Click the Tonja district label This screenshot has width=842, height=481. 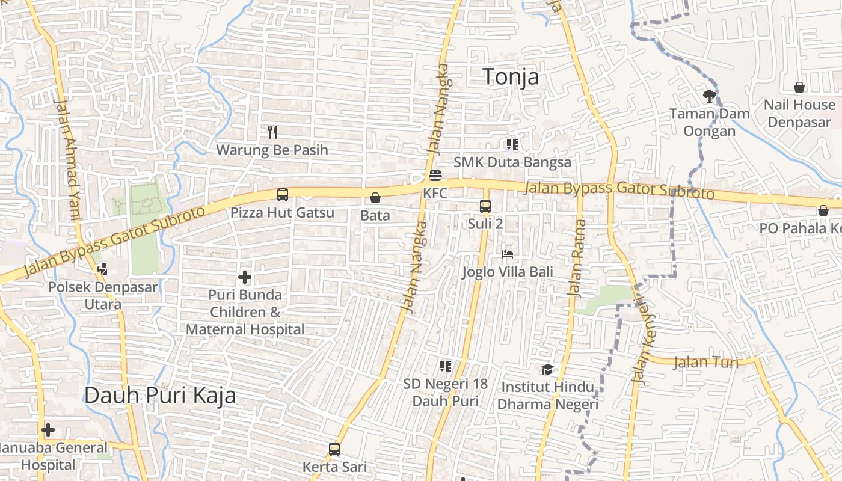tap(511, 77)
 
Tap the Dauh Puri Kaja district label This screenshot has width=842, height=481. tap(159, 396)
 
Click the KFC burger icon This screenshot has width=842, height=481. tap(435, 176)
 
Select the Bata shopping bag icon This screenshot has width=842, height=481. tap(375, 198)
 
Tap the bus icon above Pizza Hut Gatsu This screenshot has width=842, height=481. tap(282, 195)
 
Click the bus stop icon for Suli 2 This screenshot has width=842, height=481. tap(485, 206)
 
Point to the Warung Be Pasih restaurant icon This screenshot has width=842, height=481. tap(272, 132)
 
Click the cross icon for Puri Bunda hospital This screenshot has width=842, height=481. tap(245, 277)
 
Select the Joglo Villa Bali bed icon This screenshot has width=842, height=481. tap(508, 254)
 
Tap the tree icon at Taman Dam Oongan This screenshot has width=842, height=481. tap(710, 96)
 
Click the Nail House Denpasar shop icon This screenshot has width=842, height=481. tap(799, 87)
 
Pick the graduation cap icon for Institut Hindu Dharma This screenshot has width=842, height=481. tap(547, 369)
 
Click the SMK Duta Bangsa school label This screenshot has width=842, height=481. tap(512, 162)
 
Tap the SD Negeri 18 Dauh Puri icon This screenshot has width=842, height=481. tap(445, 366)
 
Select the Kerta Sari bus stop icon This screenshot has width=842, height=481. tap(334, 449)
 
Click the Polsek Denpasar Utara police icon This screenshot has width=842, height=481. tap(102, 269)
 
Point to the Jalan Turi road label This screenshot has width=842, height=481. tap(705, 363)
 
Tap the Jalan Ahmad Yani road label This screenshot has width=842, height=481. tap(67, 159)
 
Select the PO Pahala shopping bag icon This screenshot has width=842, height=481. tap(823, 210)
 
